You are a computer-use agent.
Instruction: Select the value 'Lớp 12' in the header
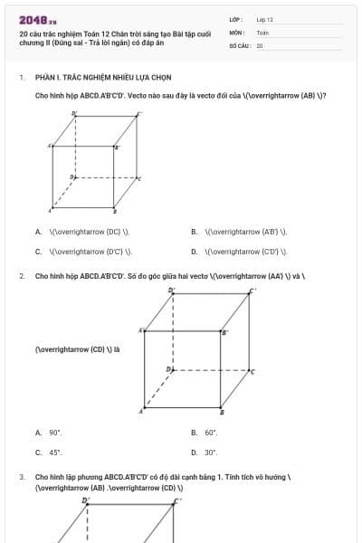point(264,19)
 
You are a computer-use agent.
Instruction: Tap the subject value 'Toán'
point(262,32)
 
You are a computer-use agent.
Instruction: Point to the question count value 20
point(260,45)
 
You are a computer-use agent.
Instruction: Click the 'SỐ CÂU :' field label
point(240,45)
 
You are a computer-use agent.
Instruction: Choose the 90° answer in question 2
point(54,433)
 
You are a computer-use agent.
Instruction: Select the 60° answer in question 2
point(210,433)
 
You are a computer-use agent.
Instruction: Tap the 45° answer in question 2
point(54,452)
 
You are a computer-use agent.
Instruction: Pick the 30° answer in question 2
point(210,452)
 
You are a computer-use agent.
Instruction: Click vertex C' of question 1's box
point(138,114)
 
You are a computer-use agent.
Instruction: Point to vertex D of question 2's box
point(168,369)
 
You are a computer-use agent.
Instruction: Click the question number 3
point(22,476)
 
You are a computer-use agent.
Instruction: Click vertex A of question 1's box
point(50,145)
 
